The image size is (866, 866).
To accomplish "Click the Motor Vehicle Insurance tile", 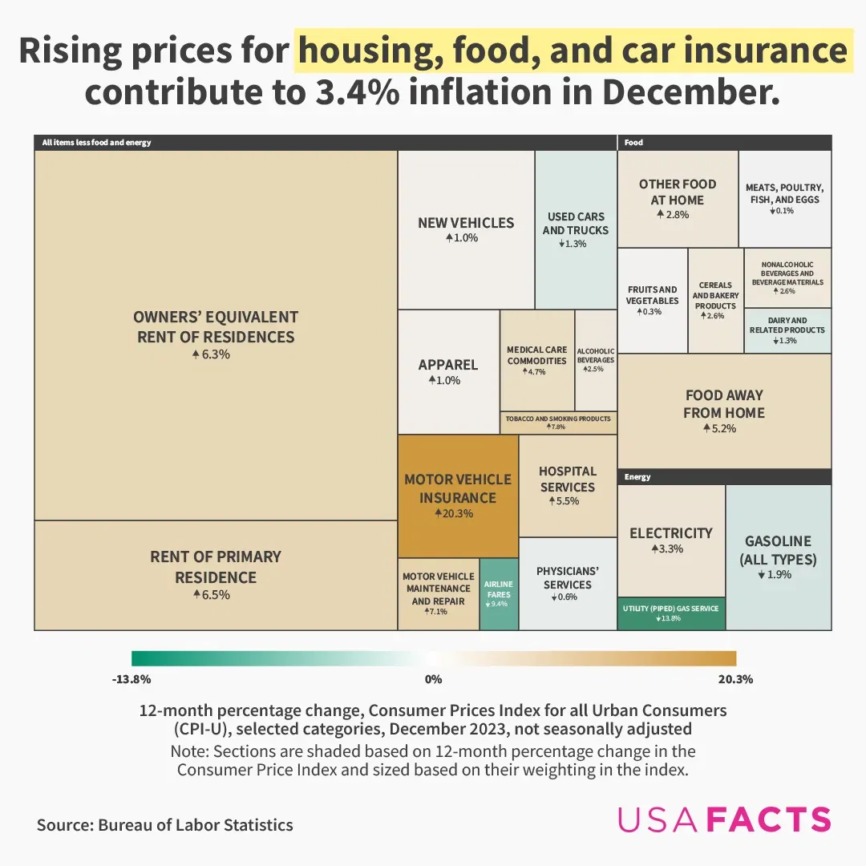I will (x=458, y=496).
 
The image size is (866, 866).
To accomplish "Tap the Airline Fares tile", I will (x=499, y=593).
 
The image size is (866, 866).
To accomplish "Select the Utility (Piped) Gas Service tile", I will (x=671, y=613).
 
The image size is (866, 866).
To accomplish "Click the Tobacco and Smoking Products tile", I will (x=558, y=423).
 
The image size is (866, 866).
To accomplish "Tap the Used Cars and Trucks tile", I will (x=576, y=229).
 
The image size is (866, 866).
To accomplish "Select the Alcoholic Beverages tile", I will (x=596, y=360).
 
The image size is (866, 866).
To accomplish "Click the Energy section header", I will (x=638, y=477).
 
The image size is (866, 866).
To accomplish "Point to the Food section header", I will (x=633, y=143).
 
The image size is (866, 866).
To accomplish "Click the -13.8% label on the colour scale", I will (x=132, y=679).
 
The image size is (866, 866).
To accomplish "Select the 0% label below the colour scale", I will (x=433, y=679).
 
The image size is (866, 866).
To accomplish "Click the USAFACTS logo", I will (x=724, y=819).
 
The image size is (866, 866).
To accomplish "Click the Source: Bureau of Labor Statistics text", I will (x=165, y=824).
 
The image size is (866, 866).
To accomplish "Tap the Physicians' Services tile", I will (x=568, y=583).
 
